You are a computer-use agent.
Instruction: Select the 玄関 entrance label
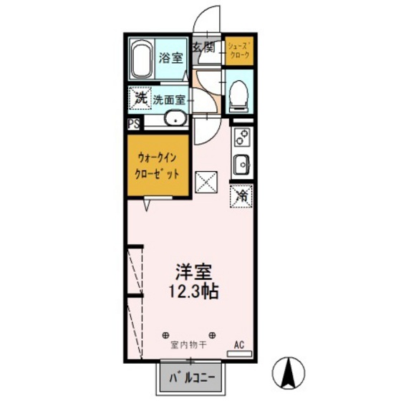click(203, 48)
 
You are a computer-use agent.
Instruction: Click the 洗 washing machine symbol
click(140, 98)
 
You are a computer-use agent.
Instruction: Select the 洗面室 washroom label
click(170, 100)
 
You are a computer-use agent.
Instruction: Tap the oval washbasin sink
click(175, 120)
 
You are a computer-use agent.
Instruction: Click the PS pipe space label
click(134, 123)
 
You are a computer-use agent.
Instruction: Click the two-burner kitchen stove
click(242, 136)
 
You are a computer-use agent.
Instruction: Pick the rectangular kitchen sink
click(242, 163)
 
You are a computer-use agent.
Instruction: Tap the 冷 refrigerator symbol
click(242, 193)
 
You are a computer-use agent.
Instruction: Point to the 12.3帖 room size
click(193, 292)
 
